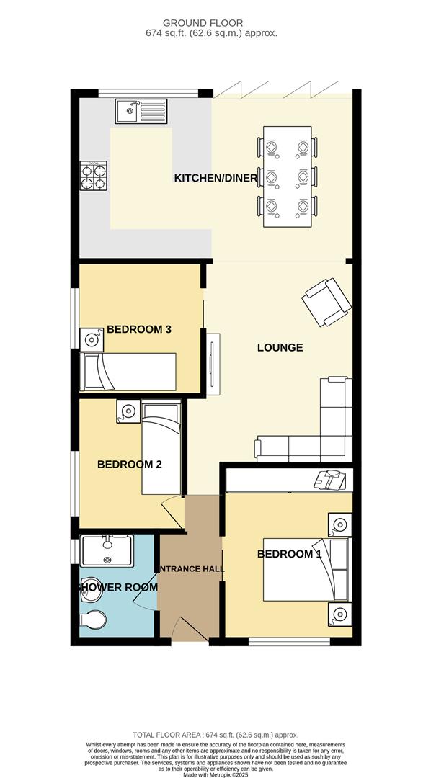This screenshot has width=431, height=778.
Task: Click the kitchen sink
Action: click(x=141, y=111)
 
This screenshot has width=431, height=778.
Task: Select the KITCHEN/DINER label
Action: click(x=215, y=178)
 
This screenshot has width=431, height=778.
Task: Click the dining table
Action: click(x=288, y=176)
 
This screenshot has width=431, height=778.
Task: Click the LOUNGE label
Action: click(x=280, y=348)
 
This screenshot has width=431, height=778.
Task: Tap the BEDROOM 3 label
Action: click(x=139, y=330)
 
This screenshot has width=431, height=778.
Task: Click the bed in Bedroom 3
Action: click(x=130, y=371)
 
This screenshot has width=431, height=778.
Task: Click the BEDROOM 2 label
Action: click(x=130, y=465)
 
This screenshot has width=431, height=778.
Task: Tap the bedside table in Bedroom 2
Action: click(x=128, y=411)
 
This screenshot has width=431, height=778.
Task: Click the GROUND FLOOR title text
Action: click(x=213, y=23)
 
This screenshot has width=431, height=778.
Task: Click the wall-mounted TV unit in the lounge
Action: click(x=212, y=365)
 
